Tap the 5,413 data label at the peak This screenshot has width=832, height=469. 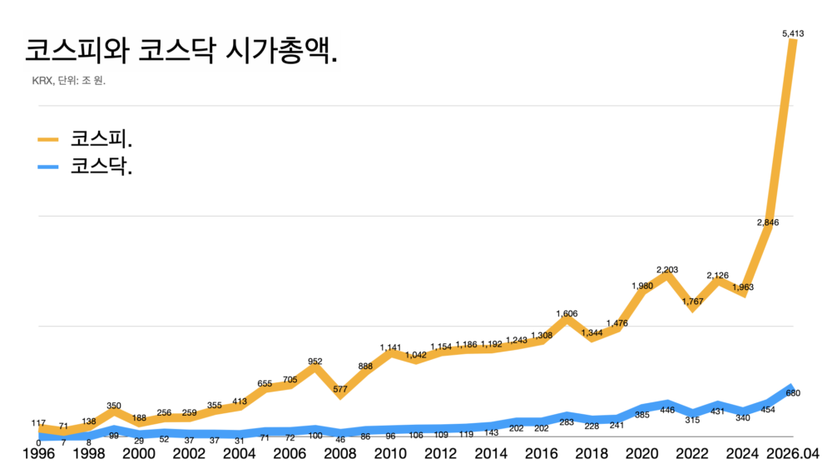[792, 33]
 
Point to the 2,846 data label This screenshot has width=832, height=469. [767, 222]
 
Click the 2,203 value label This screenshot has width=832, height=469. [667, 269]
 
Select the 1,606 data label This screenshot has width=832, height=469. [567, 314]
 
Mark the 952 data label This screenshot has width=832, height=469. [314, 362]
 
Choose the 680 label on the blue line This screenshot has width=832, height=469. [792, 393]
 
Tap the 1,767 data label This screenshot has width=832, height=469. [692, 301]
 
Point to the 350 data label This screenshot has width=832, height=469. [114, 406]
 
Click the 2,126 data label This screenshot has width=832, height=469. [717, 275]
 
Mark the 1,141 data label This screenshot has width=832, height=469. [390, 347]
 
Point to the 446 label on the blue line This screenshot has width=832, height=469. [667, 410]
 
